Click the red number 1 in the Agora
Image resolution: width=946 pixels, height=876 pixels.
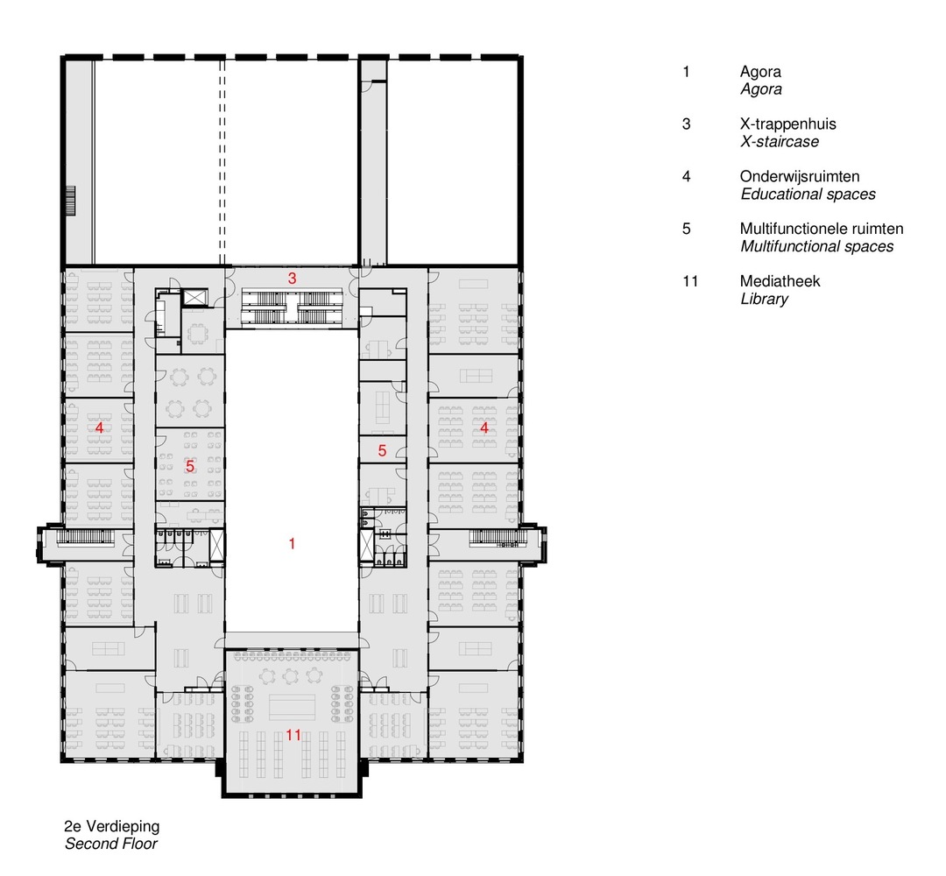[292, 544]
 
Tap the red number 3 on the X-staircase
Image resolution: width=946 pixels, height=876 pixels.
[293, 278]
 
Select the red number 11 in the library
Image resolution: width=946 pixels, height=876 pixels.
[293, 735]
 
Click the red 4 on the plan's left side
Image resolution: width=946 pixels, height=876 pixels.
[100, 428]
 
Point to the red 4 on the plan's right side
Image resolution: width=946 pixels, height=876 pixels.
[484, 428]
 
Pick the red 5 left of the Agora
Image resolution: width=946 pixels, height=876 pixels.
[189, 467]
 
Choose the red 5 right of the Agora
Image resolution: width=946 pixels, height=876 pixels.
[382, 451]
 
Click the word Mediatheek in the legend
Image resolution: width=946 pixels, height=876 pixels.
[780, 281]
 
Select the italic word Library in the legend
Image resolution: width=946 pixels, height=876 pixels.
[764, 299]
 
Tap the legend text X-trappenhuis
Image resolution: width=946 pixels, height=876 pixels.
[787, 124]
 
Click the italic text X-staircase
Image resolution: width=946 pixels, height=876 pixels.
[780, 142]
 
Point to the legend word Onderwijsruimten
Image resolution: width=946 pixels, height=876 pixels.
[800, 177]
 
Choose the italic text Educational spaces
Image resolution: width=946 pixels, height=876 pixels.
[808, 194]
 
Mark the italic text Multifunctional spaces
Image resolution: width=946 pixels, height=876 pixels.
[816, 246]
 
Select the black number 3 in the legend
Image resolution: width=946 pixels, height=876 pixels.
[687, 124]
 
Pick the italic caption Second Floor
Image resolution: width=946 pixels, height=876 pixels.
[111, 844]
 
